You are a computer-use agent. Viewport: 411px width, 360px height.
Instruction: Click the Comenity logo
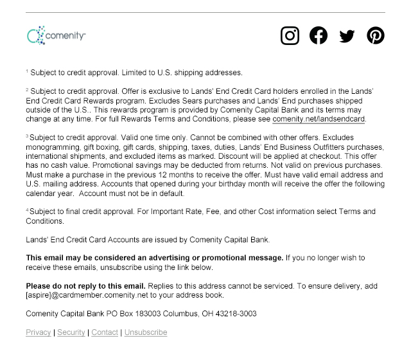(57, 35)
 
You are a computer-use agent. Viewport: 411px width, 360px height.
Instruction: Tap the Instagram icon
(290, 35)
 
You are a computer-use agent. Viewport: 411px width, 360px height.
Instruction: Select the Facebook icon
(319, 35)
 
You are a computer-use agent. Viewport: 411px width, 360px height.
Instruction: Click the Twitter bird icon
(347, 36)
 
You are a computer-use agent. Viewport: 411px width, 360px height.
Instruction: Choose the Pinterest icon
(376, 35)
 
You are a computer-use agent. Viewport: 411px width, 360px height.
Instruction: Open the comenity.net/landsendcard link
(319, 119)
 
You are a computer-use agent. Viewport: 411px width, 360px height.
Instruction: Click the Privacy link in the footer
(39, 332)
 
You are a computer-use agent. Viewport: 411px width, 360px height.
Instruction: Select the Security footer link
(71, 332)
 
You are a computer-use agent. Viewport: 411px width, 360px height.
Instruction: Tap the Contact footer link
(105, 332)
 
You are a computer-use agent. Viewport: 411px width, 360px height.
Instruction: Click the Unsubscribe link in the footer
(146, 332)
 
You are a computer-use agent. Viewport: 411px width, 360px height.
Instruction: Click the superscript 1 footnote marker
(27, 71)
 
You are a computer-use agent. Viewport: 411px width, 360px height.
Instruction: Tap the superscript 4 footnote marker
(27, 210)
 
